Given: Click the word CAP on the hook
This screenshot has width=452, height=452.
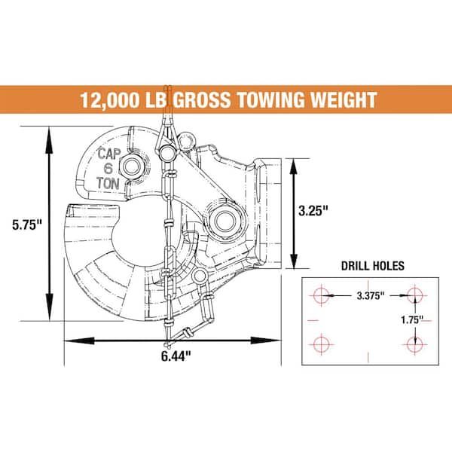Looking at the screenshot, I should pos(110,154).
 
